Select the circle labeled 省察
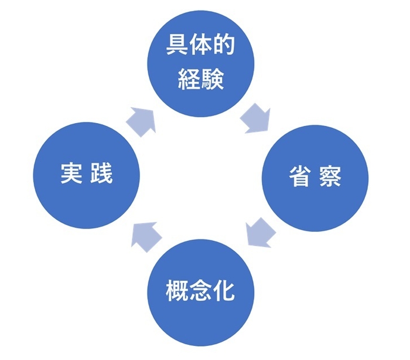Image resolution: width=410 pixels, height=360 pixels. point(315,178)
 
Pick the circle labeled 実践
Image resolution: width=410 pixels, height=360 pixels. point(87,175)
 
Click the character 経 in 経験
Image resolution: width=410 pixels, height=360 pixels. point(187,78)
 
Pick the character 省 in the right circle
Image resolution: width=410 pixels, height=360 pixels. point(300,177)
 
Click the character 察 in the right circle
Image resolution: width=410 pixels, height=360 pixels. point(330,177)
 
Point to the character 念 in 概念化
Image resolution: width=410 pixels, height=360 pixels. point(200,290)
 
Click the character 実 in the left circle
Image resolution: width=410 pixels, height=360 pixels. point(71,174)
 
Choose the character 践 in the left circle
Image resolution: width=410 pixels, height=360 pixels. point(101,174)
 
